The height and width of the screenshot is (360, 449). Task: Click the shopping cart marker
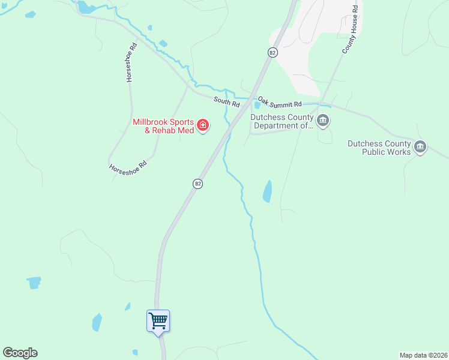(x=158, y=320)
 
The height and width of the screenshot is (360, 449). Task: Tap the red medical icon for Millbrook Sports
(x=203, y=125)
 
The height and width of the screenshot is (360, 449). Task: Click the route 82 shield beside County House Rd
(x=273, y=53)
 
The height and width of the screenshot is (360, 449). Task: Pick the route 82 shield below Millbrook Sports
(x=197, y=184)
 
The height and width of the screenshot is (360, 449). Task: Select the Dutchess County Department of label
(x=282, y=122)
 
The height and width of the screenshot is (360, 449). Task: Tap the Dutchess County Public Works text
(x=379, y=148)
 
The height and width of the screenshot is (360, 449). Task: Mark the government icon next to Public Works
(x=420, y=147)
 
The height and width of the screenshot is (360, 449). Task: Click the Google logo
(x=20, y=353)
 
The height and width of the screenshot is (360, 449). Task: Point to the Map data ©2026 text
(x=423, y=355)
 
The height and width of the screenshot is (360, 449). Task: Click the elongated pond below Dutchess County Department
(x=267, y=191)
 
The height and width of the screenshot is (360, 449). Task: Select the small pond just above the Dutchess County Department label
(x=257, y=106)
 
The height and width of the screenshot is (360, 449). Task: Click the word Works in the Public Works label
(x=398, y=152)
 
